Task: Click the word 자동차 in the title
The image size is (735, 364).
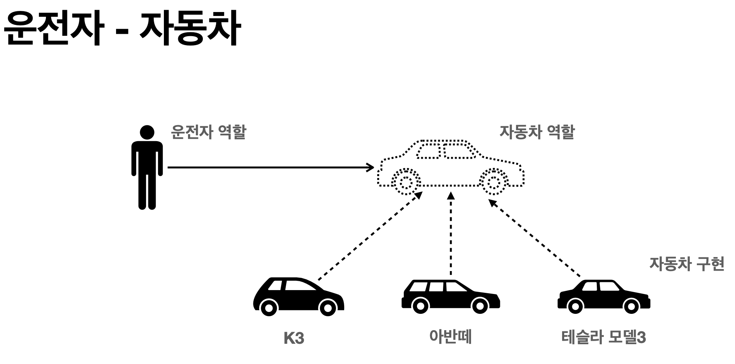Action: (x=189, y=30)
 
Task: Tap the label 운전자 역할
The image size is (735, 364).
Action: (x=208, y=132)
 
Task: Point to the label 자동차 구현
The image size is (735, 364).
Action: (x=686, y=264)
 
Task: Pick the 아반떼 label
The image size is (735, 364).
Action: (x=450, y=336)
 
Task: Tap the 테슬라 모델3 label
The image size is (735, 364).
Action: (x=603, y=337)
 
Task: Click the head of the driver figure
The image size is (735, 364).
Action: (x=147, y=132)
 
